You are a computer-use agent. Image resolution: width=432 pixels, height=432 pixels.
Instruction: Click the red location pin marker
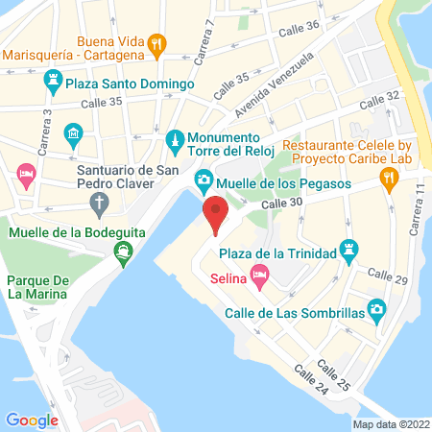pyautogui.click(x=215, y=213)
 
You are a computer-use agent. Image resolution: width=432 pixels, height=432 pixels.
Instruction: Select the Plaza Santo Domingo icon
pyautogui.click(x=55, y=84)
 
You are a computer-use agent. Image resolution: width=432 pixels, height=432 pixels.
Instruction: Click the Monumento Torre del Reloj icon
pyautogui.click(x=175, y=142)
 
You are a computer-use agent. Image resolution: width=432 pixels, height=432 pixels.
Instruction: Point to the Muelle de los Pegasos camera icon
pyautogui.click(x=204, y=180)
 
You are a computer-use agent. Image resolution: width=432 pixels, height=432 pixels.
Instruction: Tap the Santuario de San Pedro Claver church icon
pyautogui.click(x=99, y=202)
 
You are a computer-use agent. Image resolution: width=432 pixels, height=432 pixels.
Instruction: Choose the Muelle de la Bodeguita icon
pyautogui.click(x=123, y=252)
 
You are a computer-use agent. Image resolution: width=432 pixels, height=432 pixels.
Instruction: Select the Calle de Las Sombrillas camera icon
pyautogui.click(x=377, y=310)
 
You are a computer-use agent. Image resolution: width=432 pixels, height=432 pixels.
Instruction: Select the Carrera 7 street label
pyautogui.click(x=204, y=44)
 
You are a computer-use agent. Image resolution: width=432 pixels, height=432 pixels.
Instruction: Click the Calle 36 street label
pyautogui.click(x=299, y=31)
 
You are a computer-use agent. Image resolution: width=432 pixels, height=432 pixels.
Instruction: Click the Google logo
pyautogui.click(x=32, y=420)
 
